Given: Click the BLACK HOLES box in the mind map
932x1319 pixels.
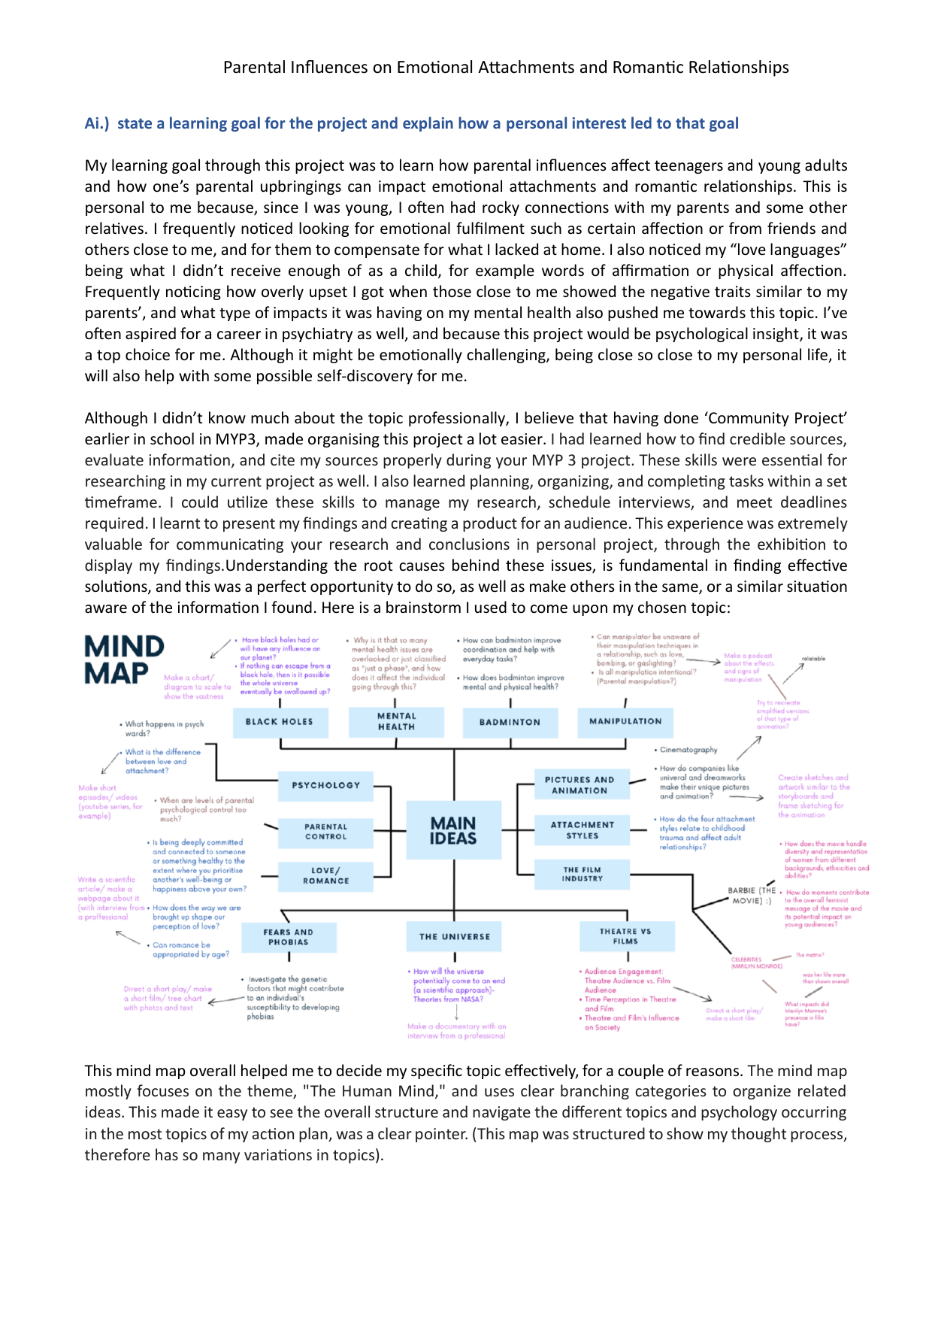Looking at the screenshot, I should (279, 722).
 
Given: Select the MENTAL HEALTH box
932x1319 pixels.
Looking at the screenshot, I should (396, 722).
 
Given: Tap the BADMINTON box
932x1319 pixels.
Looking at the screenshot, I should (510, 722).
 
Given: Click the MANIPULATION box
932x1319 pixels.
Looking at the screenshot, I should (625, 722).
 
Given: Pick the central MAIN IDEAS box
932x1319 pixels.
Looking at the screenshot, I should (453, 831).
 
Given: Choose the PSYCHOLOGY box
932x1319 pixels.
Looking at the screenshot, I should (326, 785).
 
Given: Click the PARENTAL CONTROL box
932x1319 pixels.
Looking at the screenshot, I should (326, 832).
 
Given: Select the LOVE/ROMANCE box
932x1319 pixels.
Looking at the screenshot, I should (326, 876).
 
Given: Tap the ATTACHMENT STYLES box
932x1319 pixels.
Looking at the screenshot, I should (582, 830).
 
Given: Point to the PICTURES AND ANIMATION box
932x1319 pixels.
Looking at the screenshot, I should (579, 785).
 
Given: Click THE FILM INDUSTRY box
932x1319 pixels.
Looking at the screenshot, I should (582, 875).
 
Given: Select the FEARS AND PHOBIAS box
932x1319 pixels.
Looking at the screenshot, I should (289, 937).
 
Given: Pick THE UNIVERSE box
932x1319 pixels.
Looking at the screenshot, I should (455, 937).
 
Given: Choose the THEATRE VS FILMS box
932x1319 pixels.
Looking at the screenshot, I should (625, 936).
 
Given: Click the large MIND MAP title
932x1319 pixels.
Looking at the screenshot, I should (124, 659).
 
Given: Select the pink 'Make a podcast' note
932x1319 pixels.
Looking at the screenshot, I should (748, 656).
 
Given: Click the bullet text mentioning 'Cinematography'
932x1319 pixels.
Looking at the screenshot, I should (688, 750).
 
